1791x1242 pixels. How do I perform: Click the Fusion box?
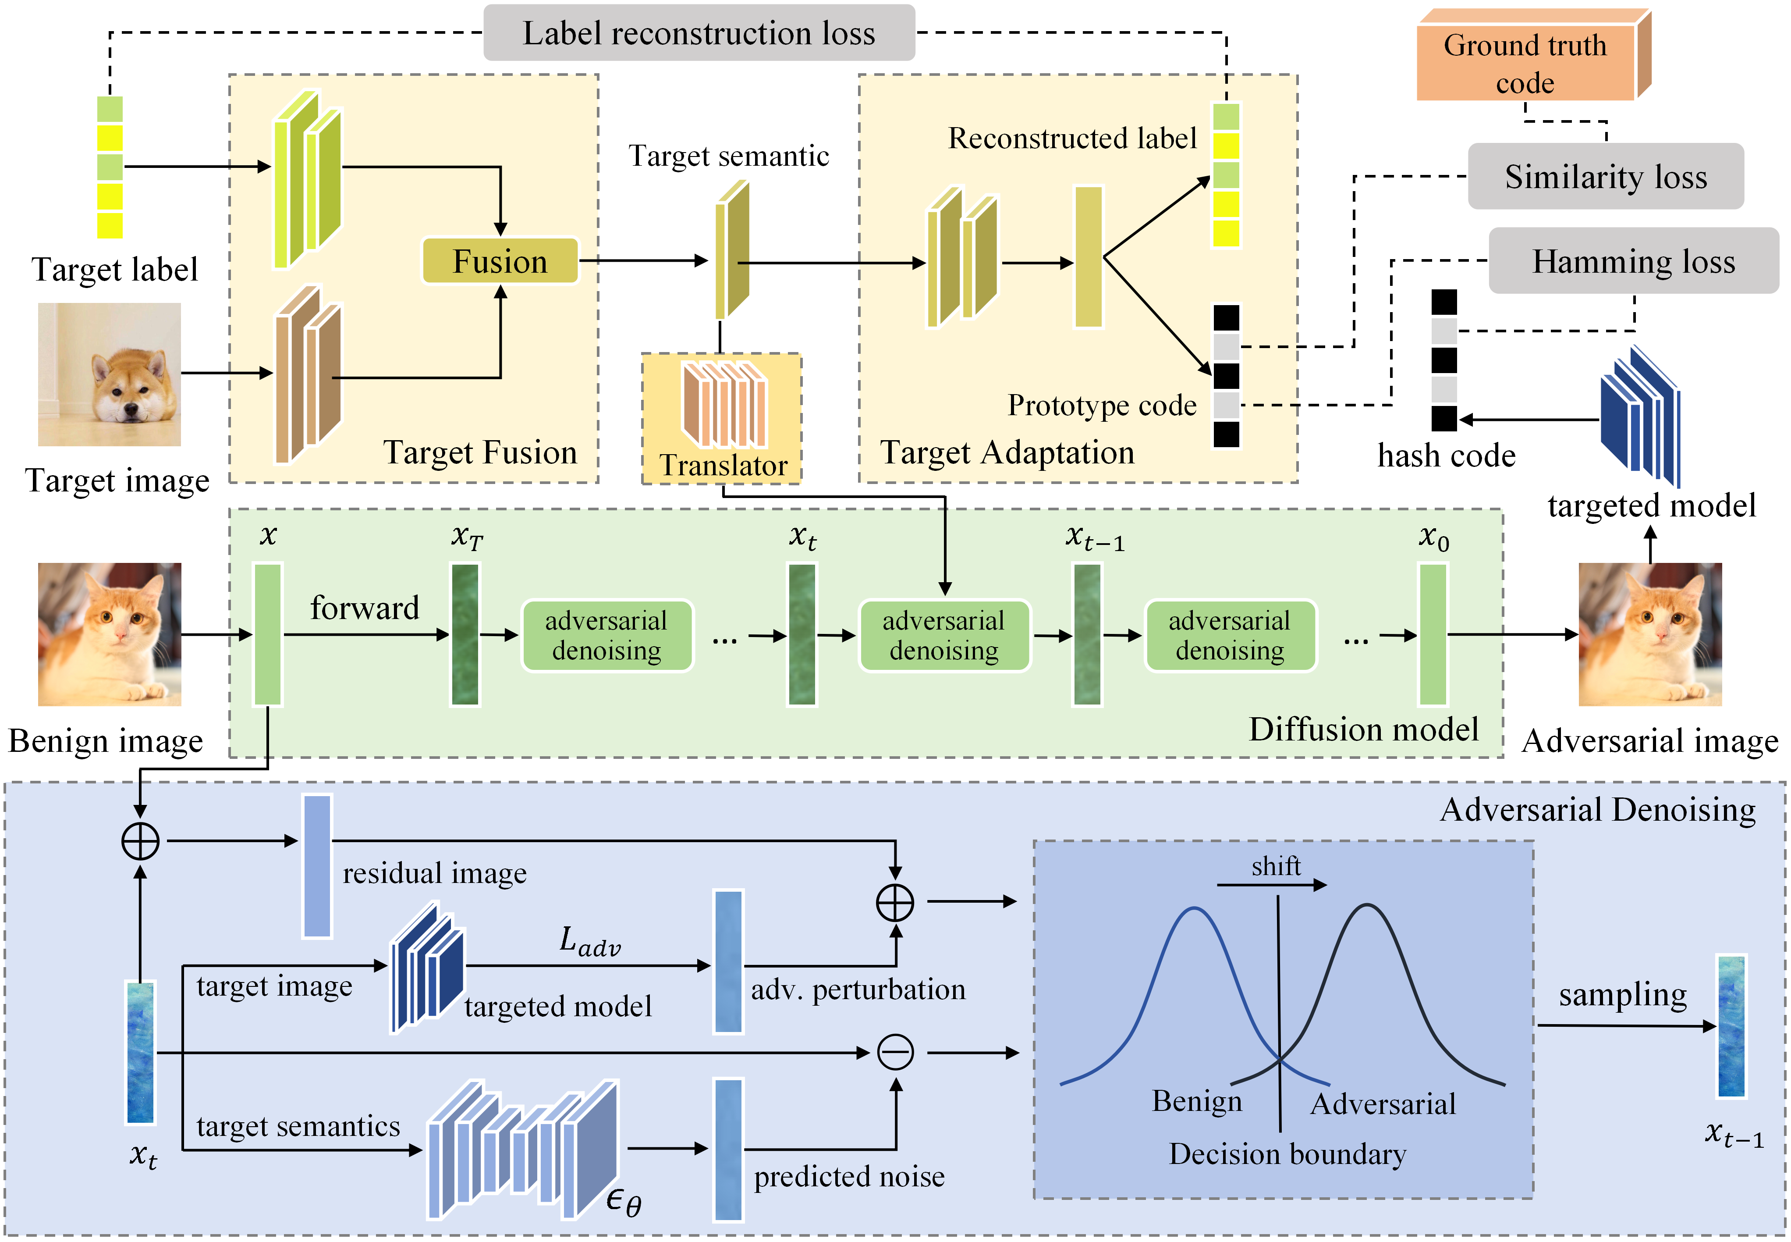click(500, 261)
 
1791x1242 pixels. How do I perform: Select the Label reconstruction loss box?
click(699, 33)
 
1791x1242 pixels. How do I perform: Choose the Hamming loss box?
click(1633, 261)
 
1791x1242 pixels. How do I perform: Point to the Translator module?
click(723, 418)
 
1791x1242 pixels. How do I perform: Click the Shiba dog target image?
click(110, 374)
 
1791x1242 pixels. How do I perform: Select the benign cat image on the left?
click(110, 634)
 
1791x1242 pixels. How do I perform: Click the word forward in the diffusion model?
click(365, 608)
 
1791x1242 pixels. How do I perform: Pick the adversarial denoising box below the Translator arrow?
click(943, 635)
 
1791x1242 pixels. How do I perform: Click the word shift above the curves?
click(1275, 865)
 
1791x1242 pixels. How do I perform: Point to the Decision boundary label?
click(1287, 1154)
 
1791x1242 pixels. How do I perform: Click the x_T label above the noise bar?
click(467, 537)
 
